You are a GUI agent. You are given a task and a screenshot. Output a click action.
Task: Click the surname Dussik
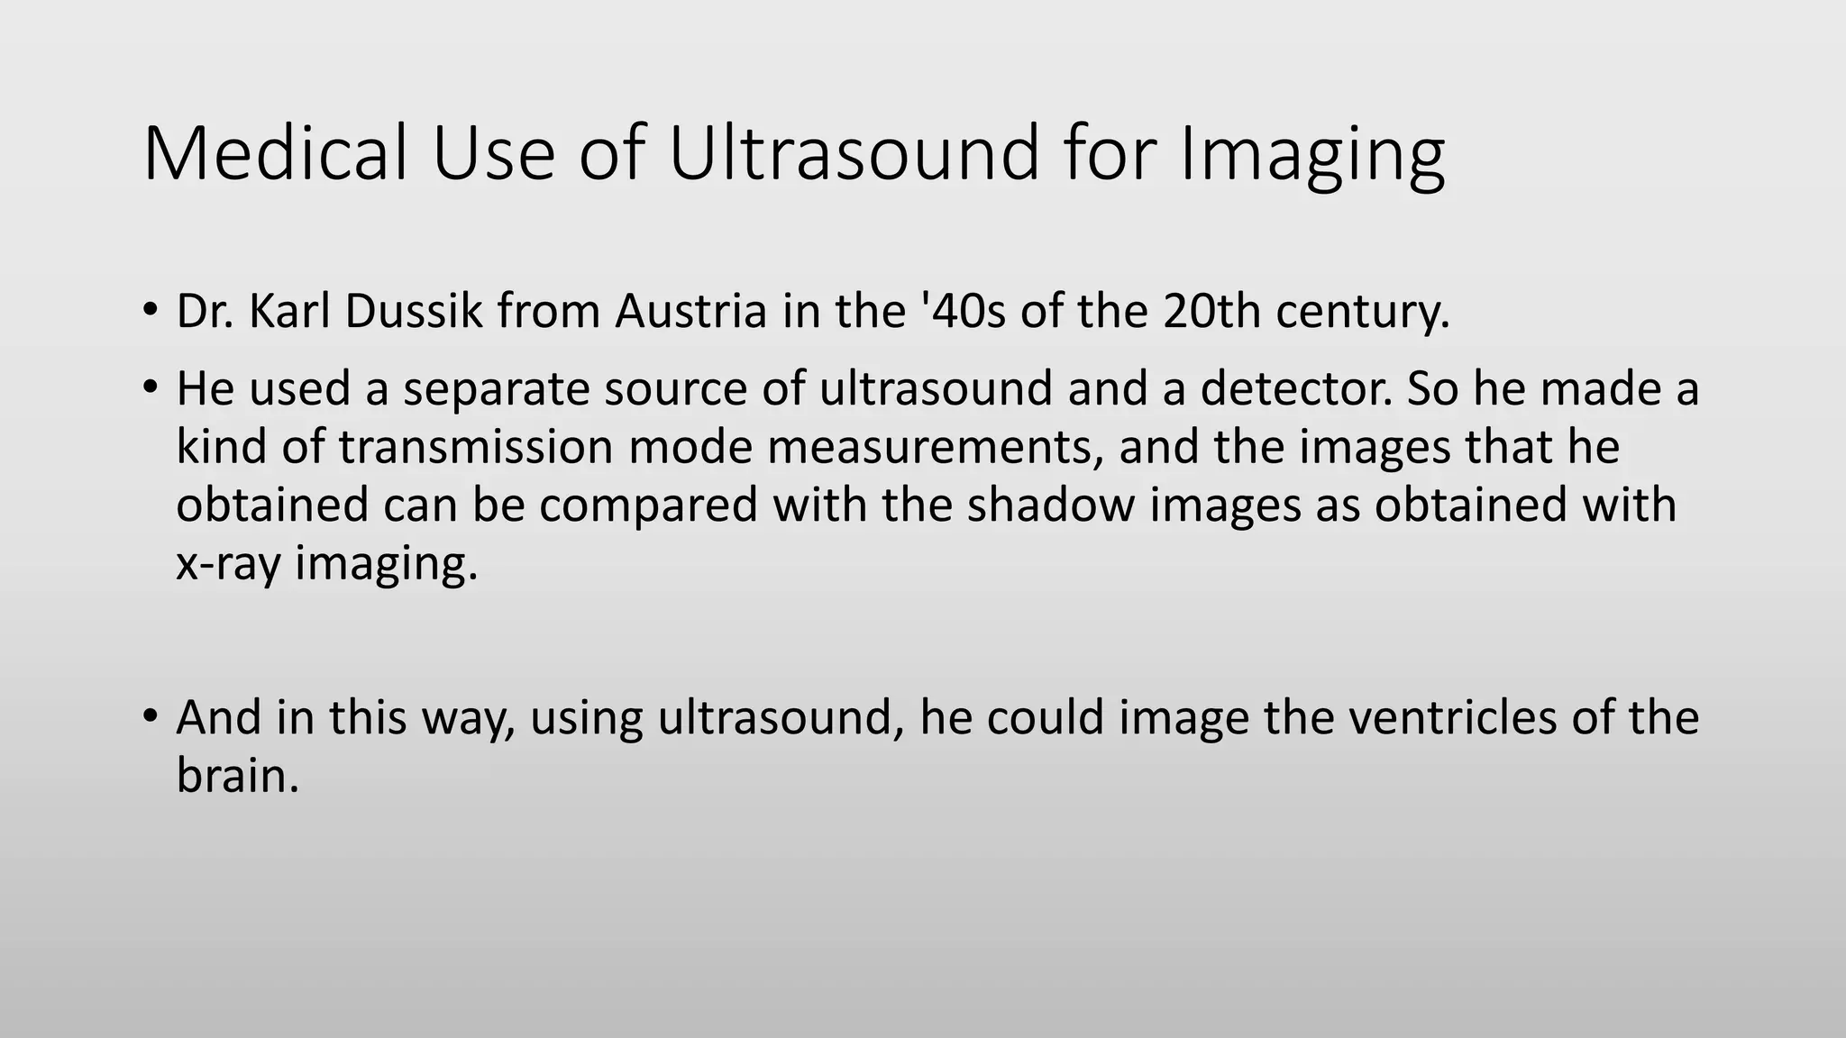[414, 311]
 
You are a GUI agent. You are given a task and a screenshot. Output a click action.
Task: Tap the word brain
[236, 775]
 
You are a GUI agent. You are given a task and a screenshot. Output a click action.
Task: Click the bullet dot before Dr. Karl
[150, 310]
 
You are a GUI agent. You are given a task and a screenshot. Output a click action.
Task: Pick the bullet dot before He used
[150, 387]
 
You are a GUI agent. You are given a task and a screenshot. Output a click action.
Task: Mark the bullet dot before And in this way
[150, 716]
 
